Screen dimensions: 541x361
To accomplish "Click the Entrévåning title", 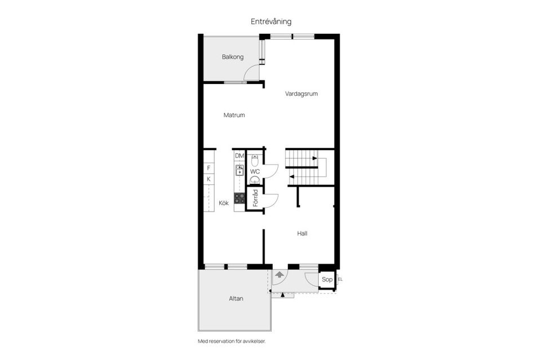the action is coord(271,22).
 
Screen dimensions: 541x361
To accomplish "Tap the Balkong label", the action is coord(233,57).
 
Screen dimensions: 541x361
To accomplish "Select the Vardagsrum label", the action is coord(301,94).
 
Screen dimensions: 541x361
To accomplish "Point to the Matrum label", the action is coord(234,115).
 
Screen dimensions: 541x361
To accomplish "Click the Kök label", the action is coord(224,203).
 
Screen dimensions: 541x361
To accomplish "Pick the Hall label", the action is coord(302,234).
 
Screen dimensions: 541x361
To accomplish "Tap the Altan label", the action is coord(236,298).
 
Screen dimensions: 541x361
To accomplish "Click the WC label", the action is coord(255,171).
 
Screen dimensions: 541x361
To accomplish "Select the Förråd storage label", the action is coord(255,198).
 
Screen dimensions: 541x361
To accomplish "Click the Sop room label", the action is coord(327,279).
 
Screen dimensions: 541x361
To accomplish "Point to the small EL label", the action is coord(340,279).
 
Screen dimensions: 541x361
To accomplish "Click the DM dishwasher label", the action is coord(240,156).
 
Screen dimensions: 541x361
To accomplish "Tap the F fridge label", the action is coord(209,168).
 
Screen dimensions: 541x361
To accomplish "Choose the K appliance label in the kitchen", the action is coord(209,179).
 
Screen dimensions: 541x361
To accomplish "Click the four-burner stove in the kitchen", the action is coord(240,199).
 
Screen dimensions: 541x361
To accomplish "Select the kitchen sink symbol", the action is coord(240,170).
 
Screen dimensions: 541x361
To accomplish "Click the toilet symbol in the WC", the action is coord(255,160).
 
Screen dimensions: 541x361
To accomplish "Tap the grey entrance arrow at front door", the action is coord(280,275).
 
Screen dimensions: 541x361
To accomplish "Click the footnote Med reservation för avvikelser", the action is coord(232,341).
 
